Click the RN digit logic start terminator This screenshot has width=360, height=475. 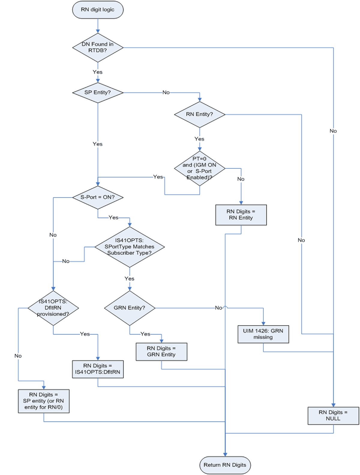coord(97,10)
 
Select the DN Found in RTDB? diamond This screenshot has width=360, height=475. coord(97,47)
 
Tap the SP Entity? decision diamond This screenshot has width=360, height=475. coord(97,92)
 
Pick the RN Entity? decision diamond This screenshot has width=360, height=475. coord(199,114)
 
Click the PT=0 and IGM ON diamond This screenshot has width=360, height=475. coord(199,168)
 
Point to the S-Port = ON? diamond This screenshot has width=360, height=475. coord(97,197)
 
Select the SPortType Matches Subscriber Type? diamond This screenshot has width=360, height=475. coord(130,247)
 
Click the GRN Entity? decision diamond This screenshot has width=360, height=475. coord(130,308)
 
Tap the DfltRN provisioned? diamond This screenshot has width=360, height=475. coord(53,308)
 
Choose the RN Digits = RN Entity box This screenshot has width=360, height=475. coord(241,215)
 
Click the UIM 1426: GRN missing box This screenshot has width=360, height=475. coord(263,334)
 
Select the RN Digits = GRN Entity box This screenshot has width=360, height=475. coord(161,352)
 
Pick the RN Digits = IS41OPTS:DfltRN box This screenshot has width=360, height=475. coord(97,369)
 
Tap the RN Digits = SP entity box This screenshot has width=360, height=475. coord(43,401)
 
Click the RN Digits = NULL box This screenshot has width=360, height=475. coord(333,416)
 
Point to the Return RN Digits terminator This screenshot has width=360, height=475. coord(225,465)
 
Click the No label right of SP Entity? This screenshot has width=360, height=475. coord(166,92)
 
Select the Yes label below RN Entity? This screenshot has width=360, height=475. coord(199,139)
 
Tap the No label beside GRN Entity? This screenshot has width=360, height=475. coord(218,308)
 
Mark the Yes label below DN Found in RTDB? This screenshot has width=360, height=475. coord(97,72)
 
